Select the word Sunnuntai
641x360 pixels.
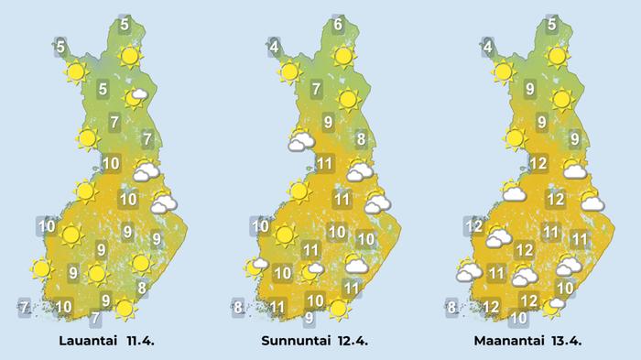(298, 342)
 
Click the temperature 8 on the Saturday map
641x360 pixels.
(142, 289)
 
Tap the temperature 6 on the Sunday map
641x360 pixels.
(338, 25)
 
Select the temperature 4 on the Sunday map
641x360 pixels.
(273, 44)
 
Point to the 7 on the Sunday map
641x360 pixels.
(315, 90)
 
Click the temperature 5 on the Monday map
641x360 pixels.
(552, 25)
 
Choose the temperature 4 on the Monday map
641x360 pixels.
(488, 47)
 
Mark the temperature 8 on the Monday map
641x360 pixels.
(451, 307)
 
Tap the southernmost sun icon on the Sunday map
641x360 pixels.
(339, 310)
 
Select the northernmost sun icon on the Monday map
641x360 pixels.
(556, 56)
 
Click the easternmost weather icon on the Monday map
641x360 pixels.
(591, 200)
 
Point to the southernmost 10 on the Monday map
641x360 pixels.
(518, 318)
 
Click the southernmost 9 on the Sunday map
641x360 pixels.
(309, 318)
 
